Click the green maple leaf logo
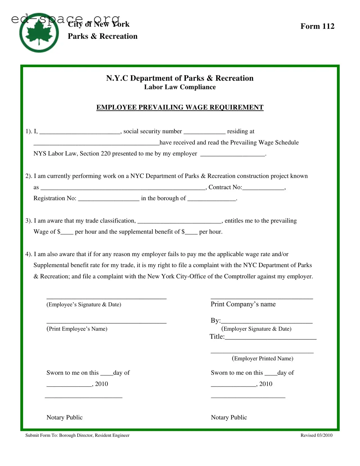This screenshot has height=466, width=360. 39,33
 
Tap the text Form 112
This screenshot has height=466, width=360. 317,26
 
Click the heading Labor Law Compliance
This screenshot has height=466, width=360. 180,87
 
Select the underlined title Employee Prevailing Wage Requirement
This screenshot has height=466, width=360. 180,107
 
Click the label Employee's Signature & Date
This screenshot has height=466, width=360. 84,304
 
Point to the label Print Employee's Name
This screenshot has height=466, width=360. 77,329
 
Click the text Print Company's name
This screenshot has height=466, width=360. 243,304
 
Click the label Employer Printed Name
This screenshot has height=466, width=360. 262,358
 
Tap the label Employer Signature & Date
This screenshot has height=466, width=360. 256,329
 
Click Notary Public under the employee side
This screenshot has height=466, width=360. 64,417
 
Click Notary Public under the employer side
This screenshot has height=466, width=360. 229,417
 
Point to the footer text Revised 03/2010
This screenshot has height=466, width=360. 316,435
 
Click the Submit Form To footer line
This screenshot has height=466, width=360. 77,435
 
